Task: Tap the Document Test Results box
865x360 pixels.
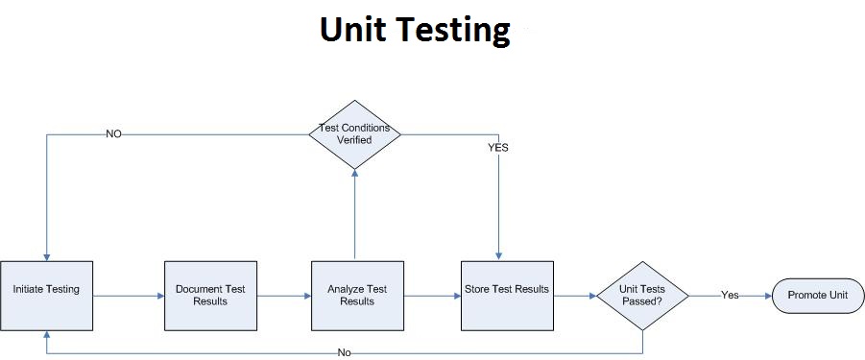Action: point(209,295)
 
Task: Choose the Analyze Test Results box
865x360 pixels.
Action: point(356,295)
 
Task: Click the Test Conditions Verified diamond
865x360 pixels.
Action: point(354,134)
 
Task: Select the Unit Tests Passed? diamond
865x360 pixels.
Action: point(641,295)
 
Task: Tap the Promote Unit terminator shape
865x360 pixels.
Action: point(818,295)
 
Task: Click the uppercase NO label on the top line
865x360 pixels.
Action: point(113,134)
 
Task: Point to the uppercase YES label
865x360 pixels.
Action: point(498,148)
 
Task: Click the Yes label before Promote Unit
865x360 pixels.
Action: point(730,295)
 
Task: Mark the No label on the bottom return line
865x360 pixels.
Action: point(344,352)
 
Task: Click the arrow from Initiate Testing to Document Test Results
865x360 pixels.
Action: point(129,296)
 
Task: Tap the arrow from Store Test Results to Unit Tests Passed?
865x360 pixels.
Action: point(574,296)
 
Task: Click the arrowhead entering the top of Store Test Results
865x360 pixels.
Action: point(498,254)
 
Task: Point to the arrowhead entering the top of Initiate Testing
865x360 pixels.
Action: point(46,254)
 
